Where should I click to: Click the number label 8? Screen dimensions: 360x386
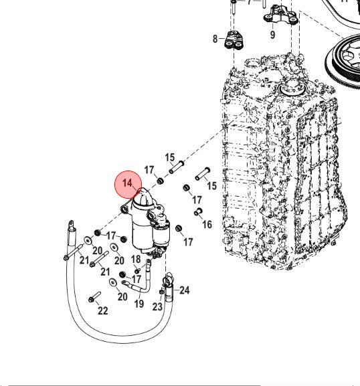tap(215, 39)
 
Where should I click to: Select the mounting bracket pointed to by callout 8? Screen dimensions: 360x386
tap(234, 40)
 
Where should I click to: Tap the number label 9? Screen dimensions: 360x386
tap(272, 35)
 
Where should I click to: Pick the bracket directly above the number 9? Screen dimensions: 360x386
tap(280, 15)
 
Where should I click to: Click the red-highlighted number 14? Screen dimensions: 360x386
tap(128, 183)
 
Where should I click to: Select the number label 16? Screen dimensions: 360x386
tap(207, 224)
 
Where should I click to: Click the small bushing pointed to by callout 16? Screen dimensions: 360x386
tap(198, 211)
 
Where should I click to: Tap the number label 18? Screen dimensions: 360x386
tap(136, 259)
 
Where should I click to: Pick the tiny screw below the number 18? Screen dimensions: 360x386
tap(137, 271)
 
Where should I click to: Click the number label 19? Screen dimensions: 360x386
tap(139, 304)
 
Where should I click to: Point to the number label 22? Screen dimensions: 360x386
tap(103, 310)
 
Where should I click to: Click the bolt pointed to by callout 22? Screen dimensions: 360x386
tap(94, 296)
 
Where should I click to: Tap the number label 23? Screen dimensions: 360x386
tap(157, 307)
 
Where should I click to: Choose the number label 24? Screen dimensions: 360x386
tap(185, 290)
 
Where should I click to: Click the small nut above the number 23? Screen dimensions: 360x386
tap(161, 292)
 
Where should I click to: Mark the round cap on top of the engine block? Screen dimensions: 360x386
tap(292, 90)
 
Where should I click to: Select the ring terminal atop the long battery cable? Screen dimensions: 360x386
tap(71, 225)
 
